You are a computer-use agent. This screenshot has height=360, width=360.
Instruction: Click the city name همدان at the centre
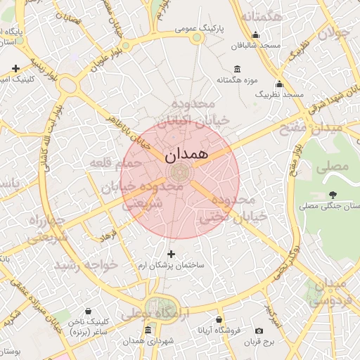pyautogui.click(x=186, y=155)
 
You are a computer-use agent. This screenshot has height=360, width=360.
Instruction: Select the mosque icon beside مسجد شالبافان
pyautogui.click(x=255, y=35)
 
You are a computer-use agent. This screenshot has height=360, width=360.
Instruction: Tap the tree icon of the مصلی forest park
pyautogui.click(x=333, y=195)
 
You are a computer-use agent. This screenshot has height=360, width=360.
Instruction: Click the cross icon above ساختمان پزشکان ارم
pyautogui.click(x=171, y=253)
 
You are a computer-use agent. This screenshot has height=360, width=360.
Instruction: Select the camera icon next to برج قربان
pyautogui.click(x=259, y=330)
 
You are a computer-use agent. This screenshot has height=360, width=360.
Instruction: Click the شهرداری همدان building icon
pyautogui.click(x=147, y=330)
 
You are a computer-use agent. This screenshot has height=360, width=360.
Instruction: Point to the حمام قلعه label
pyautogui.click(x=115, y=163)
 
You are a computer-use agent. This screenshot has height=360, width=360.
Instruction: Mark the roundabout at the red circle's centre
pyautogui.click(x=180, y=171)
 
